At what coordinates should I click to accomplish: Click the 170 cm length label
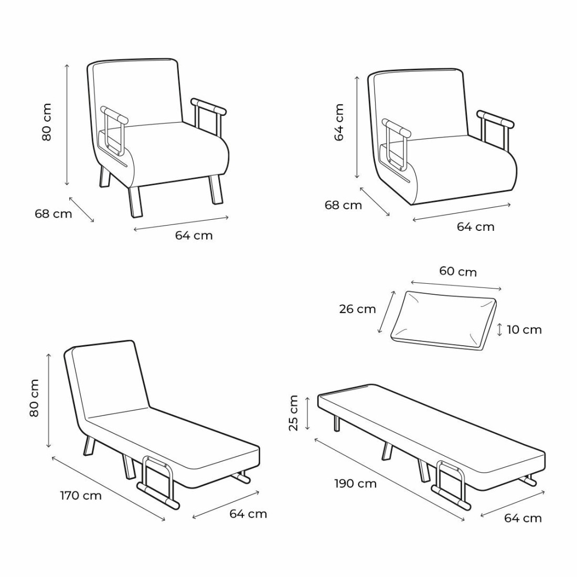[81, 496]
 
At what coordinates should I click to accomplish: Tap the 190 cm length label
[356, 483]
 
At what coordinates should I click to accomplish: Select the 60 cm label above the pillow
[458, 272]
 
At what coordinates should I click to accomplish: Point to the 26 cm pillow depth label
[357, 309]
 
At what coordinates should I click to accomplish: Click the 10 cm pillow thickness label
[524, 329]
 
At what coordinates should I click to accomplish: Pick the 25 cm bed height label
[293, 412]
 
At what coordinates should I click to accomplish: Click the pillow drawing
[443, 320]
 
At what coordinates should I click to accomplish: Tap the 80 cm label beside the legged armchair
[47, 122]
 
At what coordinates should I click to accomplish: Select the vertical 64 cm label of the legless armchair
[339, 122]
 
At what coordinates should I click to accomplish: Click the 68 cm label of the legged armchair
[54, 213]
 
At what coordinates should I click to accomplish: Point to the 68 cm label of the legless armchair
[344, 205]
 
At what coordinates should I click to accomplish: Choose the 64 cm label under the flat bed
[523, 518]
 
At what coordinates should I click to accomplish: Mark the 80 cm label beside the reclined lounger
[34, 398]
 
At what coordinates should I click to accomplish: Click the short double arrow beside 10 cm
[499, 329]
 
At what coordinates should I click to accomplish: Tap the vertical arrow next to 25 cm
[307, 412]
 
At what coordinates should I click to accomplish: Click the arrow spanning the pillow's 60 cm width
[456, 285]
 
